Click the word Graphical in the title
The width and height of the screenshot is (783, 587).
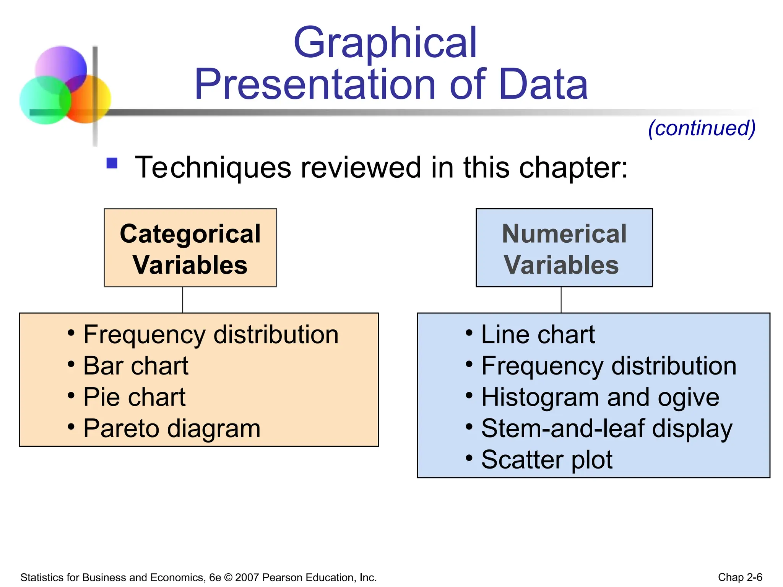point(385,43)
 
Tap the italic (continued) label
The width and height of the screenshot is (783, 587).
point(702,128)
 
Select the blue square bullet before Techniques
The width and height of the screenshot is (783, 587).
point(112,164)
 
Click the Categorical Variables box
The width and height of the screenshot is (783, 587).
point(190,248)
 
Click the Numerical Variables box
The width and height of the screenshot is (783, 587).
point(564,248)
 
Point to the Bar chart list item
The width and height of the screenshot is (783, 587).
point(135,366)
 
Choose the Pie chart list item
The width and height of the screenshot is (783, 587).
point(134,397)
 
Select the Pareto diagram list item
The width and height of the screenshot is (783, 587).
point(172,429)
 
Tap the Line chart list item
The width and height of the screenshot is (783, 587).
point(538,335)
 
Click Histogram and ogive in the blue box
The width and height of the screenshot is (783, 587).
point(600,397)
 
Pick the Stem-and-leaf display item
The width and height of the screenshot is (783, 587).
point(606,429)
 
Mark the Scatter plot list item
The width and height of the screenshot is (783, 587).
point(546,460)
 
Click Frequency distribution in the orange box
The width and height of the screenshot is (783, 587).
point(211,335)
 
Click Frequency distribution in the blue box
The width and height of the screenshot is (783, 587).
point(608,366)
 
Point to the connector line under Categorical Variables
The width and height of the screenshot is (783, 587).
point(183,300)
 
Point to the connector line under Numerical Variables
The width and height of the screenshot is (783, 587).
point(561,300)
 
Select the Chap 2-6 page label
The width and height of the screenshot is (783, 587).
point(740,577)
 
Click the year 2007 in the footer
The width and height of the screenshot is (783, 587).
point(247,577)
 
